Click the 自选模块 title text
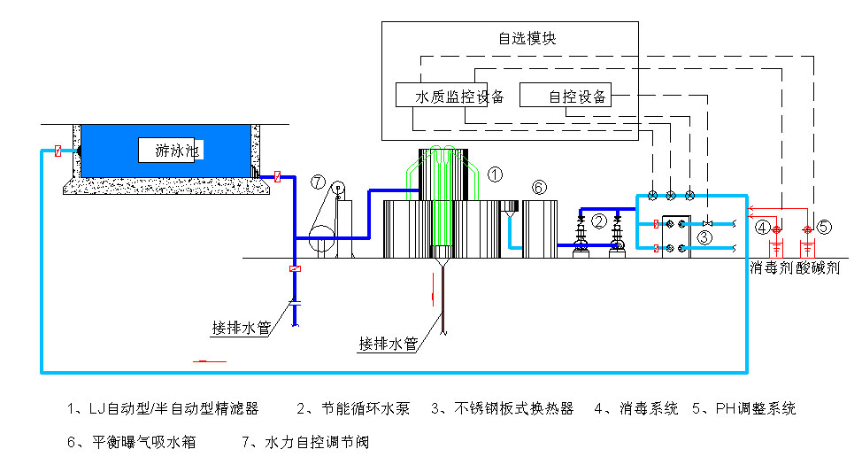pos(527,39)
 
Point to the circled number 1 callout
pos(496,174)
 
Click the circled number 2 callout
pos(599,221)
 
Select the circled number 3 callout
pos(704,236)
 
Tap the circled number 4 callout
pos(763,227)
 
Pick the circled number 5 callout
pos(825,227)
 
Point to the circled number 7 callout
pos(319,183)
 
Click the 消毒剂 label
pos(771,267)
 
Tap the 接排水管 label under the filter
pos(389,343)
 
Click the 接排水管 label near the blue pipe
pos(240,328)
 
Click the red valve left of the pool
pos(58,151)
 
